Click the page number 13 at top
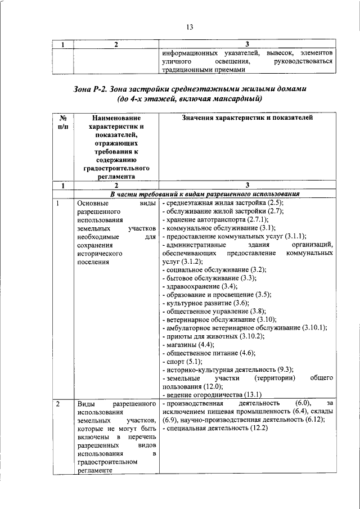[x=190, y=27]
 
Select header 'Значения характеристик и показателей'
[x=247, y=118]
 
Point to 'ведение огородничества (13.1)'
[x=211, y=395]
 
